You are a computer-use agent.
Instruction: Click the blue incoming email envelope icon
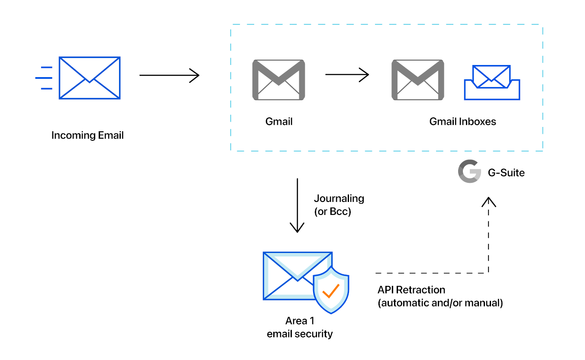point(89,78)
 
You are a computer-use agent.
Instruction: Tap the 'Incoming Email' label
point(87,135)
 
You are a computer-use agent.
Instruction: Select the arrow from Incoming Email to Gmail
point(169,75)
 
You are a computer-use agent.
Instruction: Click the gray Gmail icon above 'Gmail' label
point(278,81)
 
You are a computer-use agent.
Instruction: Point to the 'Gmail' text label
point(279,122)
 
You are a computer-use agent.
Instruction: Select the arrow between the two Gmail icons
point(347,75)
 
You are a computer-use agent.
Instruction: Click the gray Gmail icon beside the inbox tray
point(417,81)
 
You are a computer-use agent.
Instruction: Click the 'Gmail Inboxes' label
point(462,122)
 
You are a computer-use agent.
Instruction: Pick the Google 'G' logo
point(469,172)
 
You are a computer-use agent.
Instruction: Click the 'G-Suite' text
point(506,173)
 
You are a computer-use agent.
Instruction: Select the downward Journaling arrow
point(297,205)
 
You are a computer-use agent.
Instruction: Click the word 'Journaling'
point(339,198)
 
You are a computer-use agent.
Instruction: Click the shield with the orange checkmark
point(331,290)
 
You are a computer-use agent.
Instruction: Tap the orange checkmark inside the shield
point(331,291)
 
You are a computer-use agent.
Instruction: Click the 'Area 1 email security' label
point(300,328)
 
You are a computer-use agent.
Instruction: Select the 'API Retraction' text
point(411,289)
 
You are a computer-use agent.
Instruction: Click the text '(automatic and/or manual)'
point(440,303)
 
